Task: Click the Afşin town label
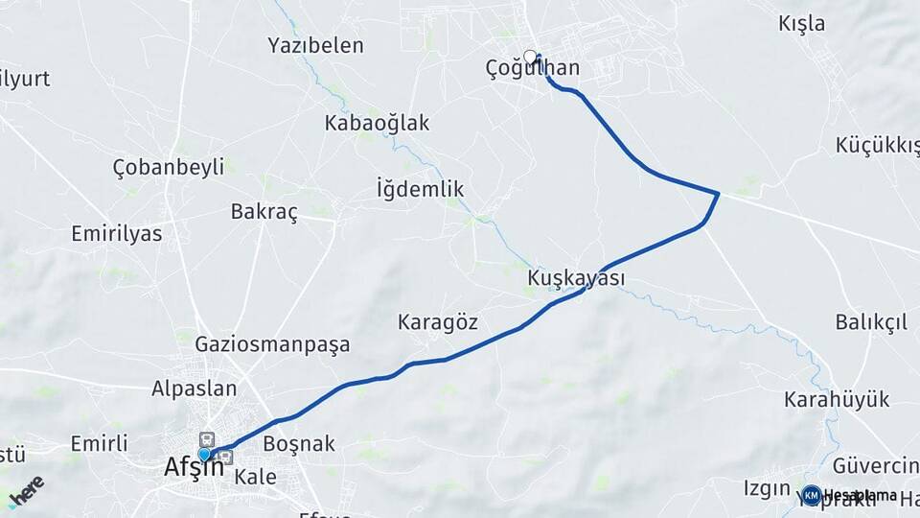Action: pos(194,467)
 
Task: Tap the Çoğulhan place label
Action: pos(533,68)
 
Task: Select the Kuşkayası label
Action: pos(576,278)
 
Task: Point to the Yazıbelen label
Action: pos(316,45)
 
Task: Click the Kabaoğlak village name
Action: pos(377,123)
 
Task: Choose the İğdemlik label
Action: pos(421,189)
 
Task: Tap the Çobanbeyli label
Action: pos(169,166)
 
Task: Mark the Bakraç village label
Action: pos(264,212)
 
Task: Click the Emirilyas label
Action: pos(117,234)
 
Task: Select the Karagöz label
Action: pos(438,322)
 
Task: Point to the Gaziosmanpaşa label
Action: pos(272,343)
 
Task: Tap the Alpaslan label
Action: pos(195,388)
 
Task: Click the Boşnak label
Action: pos(299,443)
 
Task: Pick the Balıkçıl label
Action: pos(871,322)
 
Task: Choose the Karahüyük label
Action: pos(837,399)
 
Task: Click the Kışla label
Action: pos(802,24)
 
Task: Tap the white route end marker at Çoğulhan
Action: pos(529,57)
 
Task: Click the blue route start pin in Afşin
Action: pos(204,454)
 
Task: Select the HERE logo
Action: pos(26,490)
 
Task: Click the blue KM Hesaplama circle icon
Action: pos(811,495)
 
